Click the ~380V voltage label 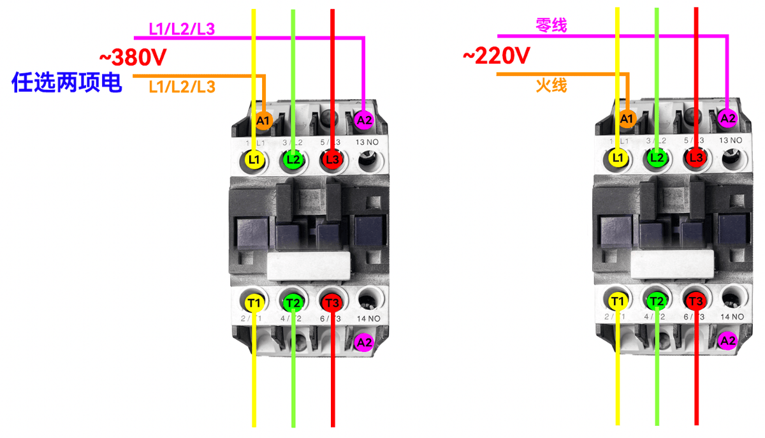[133, 58]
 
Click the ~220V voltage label [496, 57]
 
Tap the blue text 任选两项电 [67, 83]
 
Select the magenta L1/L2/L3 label [182, 29]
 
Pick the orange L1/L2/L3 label [182, 87]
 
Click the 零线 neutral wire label [551, 26]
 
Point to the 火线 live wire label [551, 85]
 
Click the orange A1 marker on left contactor [264, 120]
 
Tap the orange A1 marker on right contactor [627, 118]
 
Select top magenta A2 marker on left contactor [363, 120]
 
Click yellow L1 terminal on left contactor [254, 160]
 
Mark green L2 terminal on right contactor [657, 157]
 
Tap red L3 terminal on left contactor [332, 160]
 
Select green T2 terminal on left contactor [293, 302]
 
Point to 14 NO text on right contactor [730, 316]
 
